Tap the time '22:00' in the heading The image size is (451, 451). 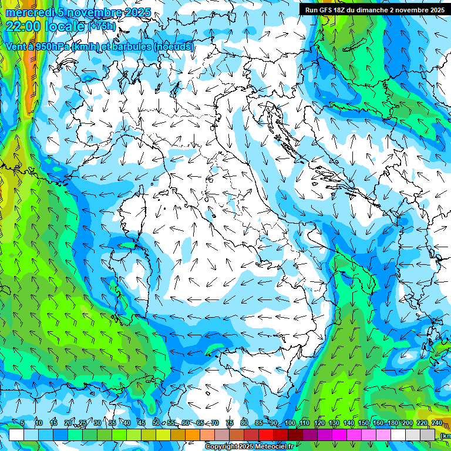coord(24,26)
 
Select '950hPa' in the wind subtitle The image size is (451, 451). coord(52,47)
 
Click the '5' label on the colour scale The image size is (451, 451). coord(22,423)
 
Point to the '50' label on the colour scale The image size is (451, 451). coord(156,423)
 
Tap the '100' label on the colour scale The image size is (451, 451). coord(290,423)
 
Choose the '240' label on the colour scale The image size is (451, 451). coord(436,423)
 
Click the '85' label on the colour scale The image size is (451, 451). coord(260,423)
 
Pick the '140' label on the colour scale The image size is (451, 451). coord(348,423)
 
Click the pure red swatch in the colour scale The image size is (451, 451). coord(267,435)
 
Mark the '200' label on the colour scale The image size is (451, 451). coord(407,423)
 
